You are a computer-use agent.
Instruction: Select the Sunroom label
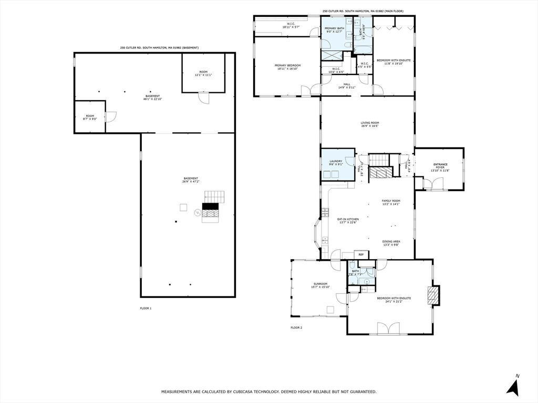tap(319, 285)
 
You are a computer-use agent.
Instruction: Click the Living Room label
tap(369, 124)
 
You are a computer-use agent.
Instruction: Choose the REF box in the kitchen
tap(360, 254)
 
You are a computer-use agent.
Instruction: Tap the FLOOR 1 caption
tap(146, 308)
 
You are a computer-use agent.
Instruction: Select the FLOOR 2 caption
tap(296, 327)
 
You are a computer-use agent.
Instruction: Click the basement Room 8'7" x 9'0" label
tap(90, 117)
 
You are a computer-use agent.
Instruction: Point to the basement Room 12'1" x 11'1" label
tap(203, 73)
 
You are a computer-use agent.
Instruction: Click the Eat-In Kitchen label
tap(348, 220)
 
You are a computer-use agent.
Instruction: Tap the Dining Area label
tap(391, 243)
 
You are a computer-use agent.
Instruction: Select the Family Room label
tap(391, 203)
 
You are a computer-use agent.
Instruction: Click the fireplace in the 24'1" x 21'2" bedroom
tap(433, 296)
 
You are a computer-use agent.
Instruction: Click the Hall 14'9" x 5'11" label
tap(347, 86)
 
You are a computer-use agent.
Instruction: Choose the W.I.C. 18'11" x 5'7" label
tap(291, 25)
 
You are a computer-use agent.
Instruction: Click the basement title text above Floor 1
tap(159, 48)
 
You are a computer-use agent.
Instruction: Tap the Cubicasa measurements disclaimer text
tap(268, 391)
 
